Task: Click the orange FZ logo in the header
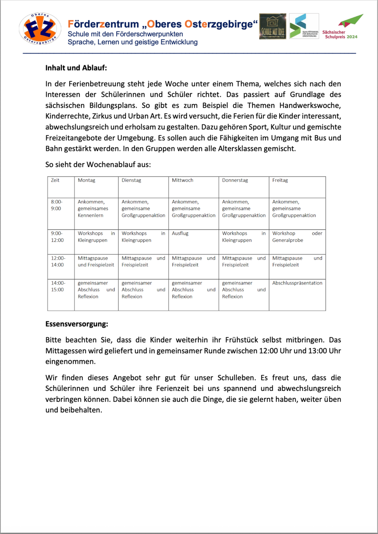tap(40, 29)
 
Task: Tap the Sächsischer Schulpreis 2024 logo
tap(342, 27)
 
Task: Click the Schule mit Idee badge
tap(273, 27)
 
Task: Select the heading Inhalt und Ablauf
tap(76, 68)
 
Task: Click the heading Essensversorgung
tap(76, 324)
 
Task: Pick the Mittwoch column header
tap(182, 180)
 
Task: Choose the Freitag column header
tap(280, 180)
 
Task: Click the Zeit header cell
tap(55, 180)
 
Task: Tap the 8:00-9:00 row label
tap(57, 205)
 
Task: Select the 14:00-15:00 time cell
tap(58, 286)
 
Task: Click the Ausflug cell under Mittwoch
tap(180, 234)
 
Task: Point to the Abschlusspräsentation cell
tap(297, 283)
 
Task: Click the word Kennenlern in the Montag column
tap(90, 215)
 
